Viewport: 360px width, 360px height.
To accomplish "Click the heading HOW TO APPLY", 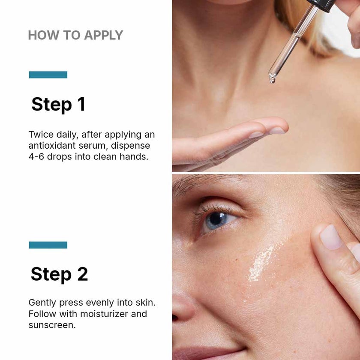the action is (x=75, y=35).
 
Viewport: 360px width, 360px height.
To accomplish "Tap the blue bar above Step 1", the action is (x=48, y=75).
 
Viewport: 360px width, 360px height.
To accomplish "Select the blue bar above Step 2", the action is (x=48, y=245).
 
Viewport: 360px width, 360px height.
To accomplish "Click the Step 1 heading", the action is (x=59, y=105).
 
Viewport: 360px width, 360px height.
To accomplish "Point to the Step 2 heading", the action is (x=59, y=274).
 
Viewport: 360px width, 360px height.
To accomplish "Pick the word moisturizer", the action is (x=104, y=314).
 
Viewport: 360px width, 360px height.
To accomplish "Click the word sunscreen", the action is (x=52, y=325).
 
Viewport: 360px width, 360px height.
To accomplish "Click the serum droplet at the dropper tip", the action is (x=272, y=79).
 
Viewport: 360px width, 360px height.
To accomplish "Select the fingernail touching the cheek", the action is (x=331, y=237).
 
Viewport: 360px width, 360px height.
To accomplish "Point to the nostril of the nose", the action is (x=174, y=318).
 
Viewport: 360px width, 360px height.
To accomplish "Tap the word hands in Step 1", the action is (x=134, y=156).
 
